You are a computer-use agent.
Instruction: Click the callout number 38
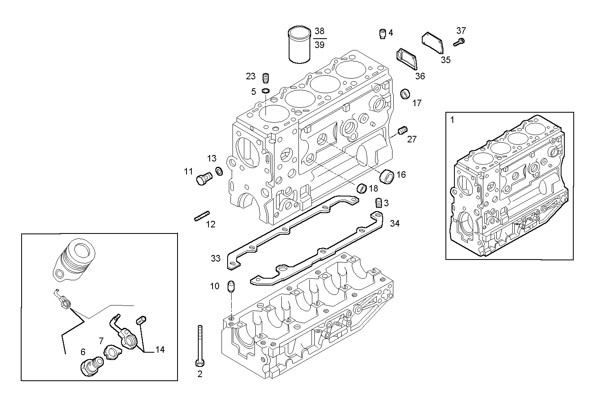coord(320,31)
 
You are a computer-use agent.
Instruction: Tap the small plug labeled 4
coord(382,34)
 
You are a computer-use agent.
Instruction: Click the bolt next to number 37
coord(460,41)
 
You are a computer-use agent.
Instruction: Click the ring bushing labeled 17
coord(405,94)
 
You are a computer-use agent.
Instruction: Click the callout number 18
coord(373,188)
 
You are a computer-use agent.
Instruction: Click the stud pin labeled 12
coord(202,216)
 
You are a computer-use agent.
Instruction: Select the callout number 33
coord(215,258)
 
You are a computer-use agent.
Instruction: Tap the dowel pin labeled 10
coord(231,286)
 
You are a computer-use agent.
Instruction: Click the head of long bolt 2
coord(200,362)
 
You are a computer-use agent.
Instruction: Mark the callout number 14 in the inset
coord(160,349)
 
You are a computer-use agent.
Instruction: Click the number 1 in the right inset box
coord(452,120)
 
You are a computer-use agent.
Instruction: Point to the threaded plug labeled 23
coord(266,77)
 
